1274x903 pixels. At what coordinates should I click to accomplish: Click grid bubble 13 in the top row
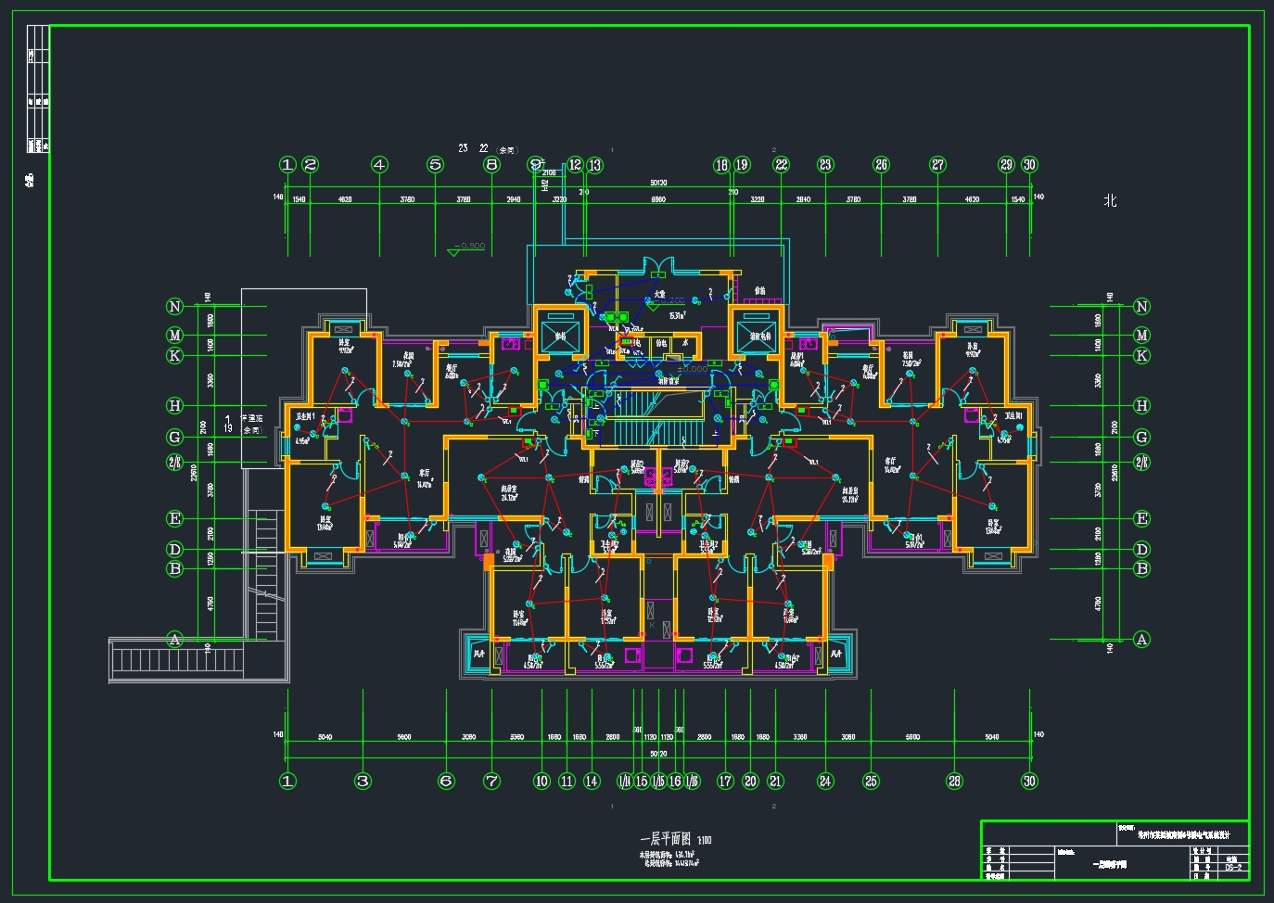[x=594, y=165]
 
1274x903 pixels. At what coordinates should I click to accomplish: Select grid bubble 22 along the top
[x=782, y=165]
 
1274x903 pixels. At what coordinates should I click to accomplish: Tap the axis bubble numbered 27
[x=938, y=165]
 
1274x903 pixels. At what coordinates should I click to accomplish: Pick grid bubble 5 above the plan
[x=436, y=165]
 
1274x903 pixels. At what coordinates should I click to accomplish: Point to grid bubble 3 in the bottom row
[x=363, y=781]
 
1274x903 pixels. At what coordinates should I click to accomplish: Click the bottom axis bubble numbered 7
[x=492, y=781]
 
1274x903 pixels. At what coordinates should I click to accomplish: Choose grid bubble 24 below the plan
[x=825, y=781]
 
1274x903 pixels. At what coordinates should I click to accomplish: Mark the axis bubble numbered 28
[x=954, y=781]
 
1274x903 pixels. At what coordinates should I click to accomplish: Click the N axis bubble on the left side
[x=174, y=307]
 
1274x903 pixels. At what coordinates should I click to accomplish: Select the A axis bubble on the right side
[x=1141, y=640]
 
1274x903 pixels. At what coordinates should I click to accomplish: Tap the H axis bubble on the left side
[x=174, y=405]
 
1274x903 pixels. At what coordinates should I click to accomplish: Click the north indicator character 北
[x=1110, y=200]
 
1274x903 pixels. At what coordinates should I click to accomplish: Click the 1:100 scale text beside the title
[x=705, y=840]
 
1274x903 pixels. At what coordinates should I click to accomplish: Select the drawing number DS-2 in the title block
[x=1233, y=869]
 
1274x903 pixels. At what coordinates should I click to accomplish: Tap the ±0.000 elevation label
[x=692, y=369]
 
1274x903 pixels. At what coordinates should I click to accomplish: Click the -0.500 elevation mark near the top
[x=469, y=247]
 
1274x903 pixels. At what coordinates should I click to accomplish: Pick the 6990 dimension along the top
[x=657, y=199]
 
